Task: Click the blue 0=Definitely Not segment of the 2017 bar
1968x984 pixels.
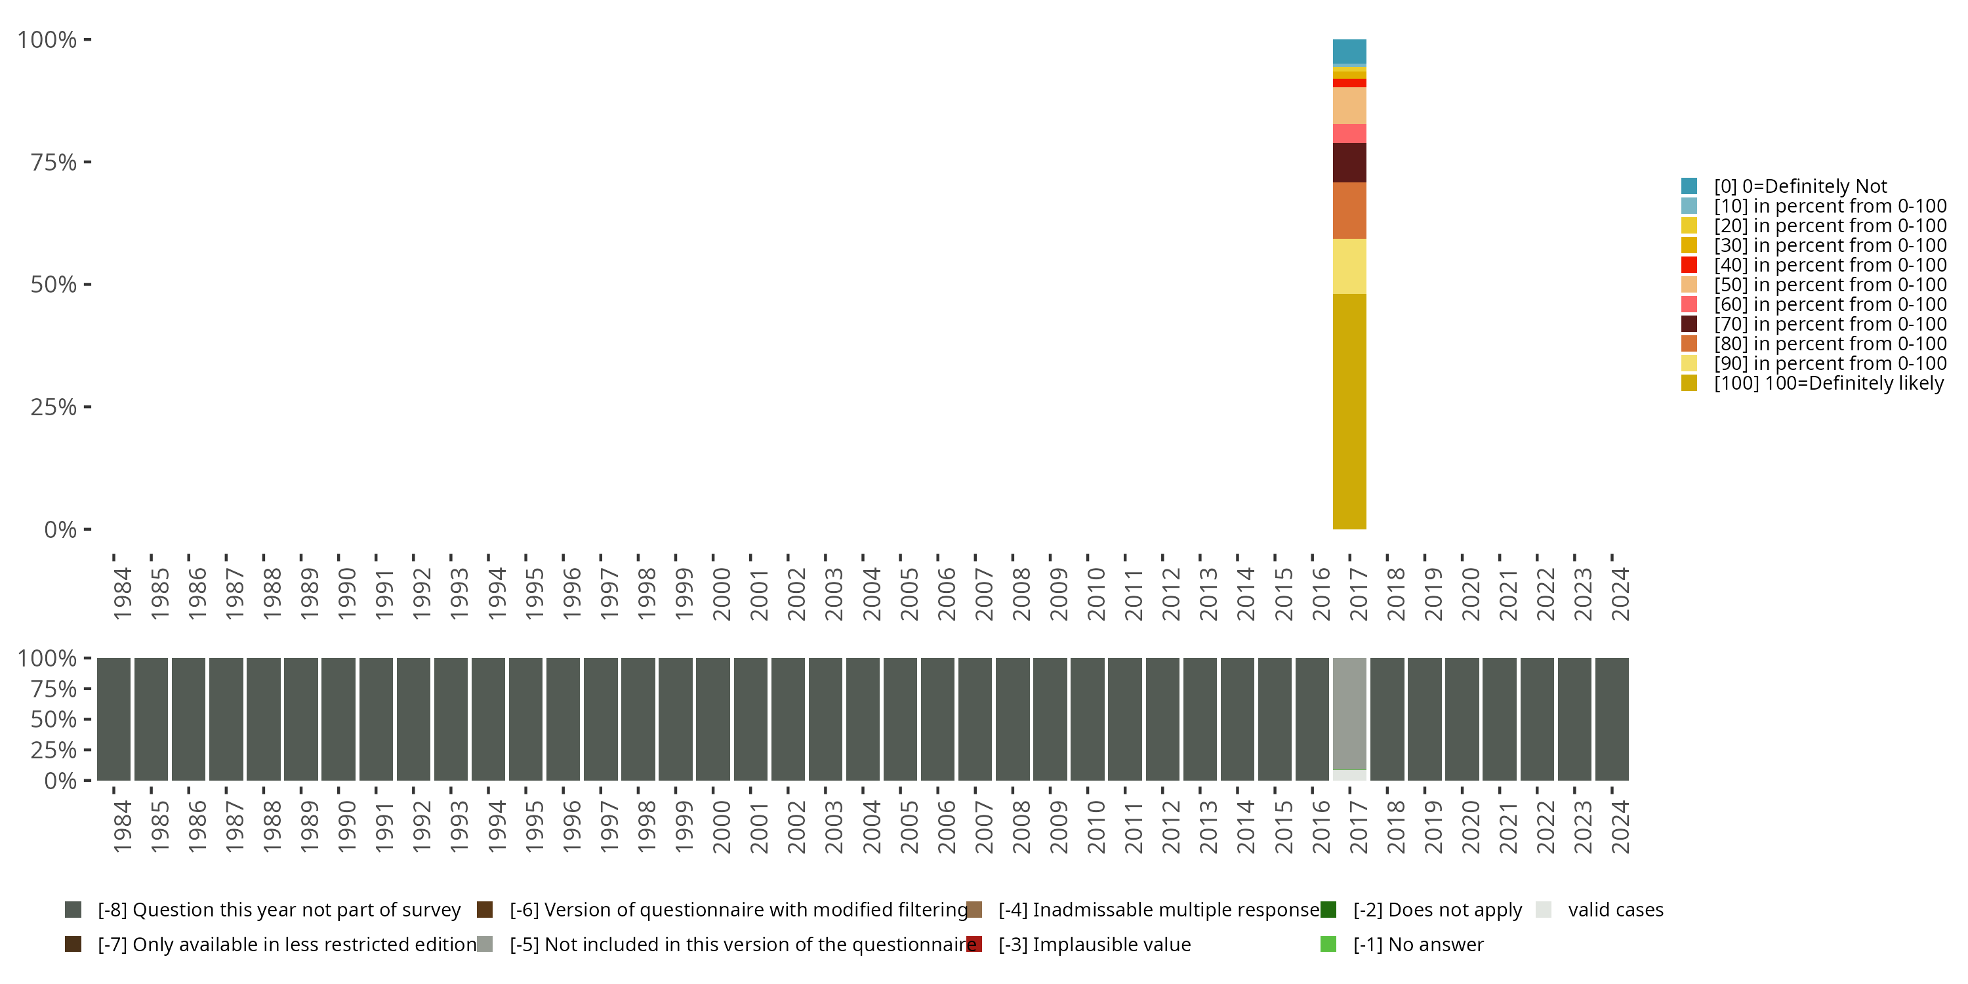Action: click(x=1349, y=51)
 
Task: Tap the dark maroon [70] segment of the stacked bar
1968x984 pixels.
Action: click(x=1349, y=163)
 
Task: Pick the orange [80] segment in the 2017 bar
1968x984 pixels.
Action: click(x=1349, y=210)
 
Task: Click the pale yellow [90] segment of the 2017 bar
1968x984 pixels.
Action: click(x=1349, y=266)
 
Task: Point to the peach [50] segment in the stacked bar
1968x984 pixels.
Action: click(x=1349, y=106)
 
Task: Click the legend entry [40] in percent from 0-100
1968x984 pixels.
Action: click(x=1830, y=265)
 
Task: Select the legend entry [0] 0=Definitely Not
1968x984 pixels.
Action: click(x=1799, y=186)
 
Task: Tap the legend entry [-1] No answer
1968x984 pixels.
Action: click(x=1417, y=944)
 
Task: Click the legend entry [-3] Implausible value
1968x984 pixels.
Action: click(x=1094, y=944)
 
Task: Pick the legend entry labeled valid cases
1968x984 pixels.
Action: click(x=1615, y=910)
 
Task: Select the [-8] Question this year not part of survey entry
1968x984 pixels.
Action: click(x=279, y=910)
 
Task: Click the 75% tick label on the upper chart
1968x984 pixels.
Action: click(x=54, y=162)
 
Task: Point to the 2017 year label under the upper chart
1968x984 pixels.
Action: click(x=1357, y=594)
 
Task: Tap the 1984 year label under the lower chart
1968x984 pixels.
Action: click(x=121, y=827)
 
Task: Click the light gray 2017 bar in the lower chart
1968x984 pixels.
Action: click(x=1349, y=714)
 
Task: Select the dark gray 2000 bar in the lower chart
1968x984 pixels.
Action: click(x=713, y=719)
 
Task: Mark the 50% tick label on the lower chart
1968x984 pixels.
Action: click(x=54, y=719)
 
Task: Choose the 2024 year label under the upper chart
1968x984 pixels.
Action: click(x=1620, y=594)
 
